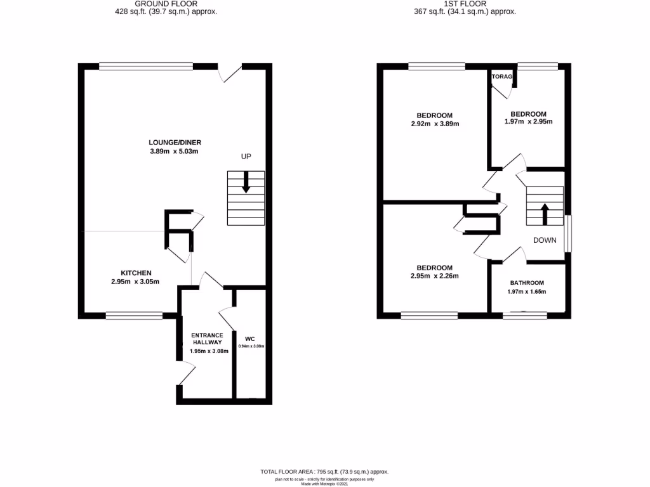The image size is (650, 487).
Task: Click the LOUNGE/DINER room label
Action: click(175, 142)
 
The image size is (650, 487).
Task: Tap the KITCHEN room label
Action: click(136, 273)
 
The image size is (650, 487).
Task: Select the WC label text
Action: click(250, 339)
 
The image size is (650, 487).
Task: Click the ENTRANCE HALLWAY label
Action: click(208, 339)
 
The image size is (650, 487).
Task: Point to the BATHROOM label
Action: click(527, 283)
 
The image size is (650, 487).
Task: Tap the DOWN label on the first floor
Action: click(545, 240)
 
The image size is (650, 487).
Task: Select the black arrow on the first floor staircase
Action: click(544, 213)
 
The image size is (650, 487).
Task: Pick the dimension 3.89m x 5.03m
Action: click(175, 152)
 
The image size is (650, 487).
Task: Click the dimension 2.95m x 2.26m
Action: click(434, 276)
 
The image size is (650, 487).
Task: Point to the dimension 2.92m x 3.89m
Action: click(434, 124)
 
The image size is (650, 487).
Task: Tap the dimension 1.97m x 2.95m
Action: click(528, 122)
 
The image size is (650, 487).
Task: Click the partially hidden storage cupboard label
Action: click(502, 77)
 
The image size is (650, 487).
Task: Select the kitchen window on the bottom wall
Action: click(134, 315)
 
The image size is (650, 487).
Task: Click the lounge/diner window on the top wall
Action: click(146, 65)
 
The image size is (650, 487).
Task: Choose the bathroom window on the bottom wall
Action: click(524, 315)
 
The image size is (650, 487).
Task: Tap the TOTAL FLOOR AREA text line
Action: click(324, 472)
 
